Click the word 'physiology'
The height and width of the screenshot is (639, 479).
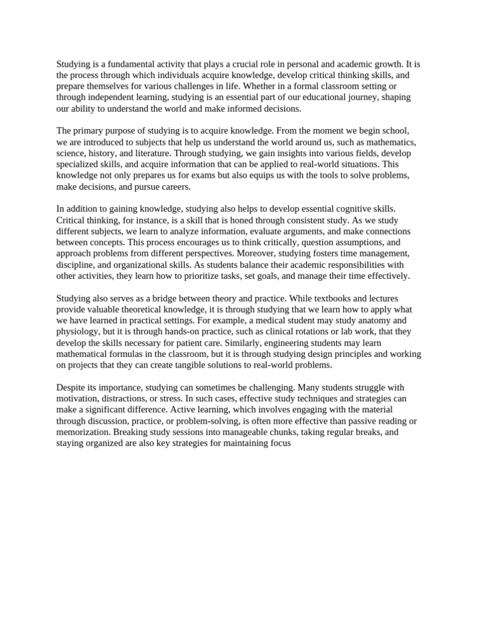point(78,332)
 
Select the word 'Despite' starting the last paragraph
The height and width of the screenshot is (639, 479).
point(71,388)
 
